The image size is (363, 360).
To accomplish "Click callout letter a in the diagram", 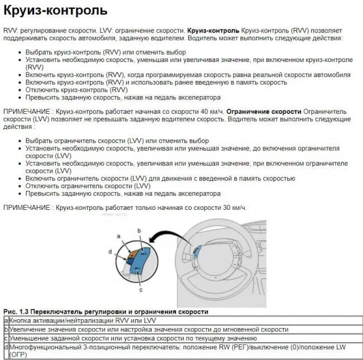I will pyautogui.click(x=119, y=237).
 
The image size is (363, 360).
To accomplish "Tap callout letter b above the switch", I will pyautogui.click(x=140, y=230).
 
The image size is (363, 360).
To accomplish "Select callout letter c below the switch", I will pyautogui.click(x=141, y=290).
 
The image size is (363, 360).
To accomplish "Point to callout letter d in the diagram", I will pyautogui.click(x=110, y=251).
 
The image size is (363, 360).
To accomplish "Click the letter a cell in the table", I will pyautogui.click(x=6, y=320).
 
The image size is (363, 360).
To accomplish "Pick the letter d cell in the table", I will pyautogui.click(x=6, y=347).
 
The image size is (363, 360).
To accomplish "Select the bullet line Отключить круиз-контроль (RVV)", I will pyautogui.click(x=77, y=89).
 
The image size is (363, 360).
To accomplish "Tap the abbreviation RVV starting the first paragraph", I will pyautogui.click(x=11, y=30).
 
